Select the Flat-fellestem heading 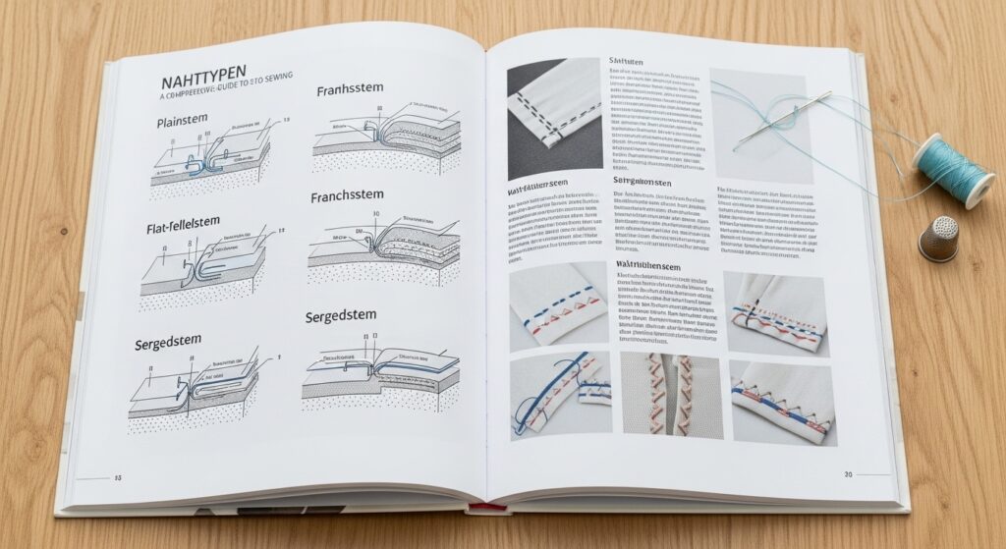(192, 231)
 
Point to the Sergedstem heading (168, 342)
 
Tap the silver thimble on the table (937, 240)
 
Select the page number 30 (848, 474)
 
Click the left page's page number (118, 478)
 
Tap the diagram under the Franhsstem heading (385, 137)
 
